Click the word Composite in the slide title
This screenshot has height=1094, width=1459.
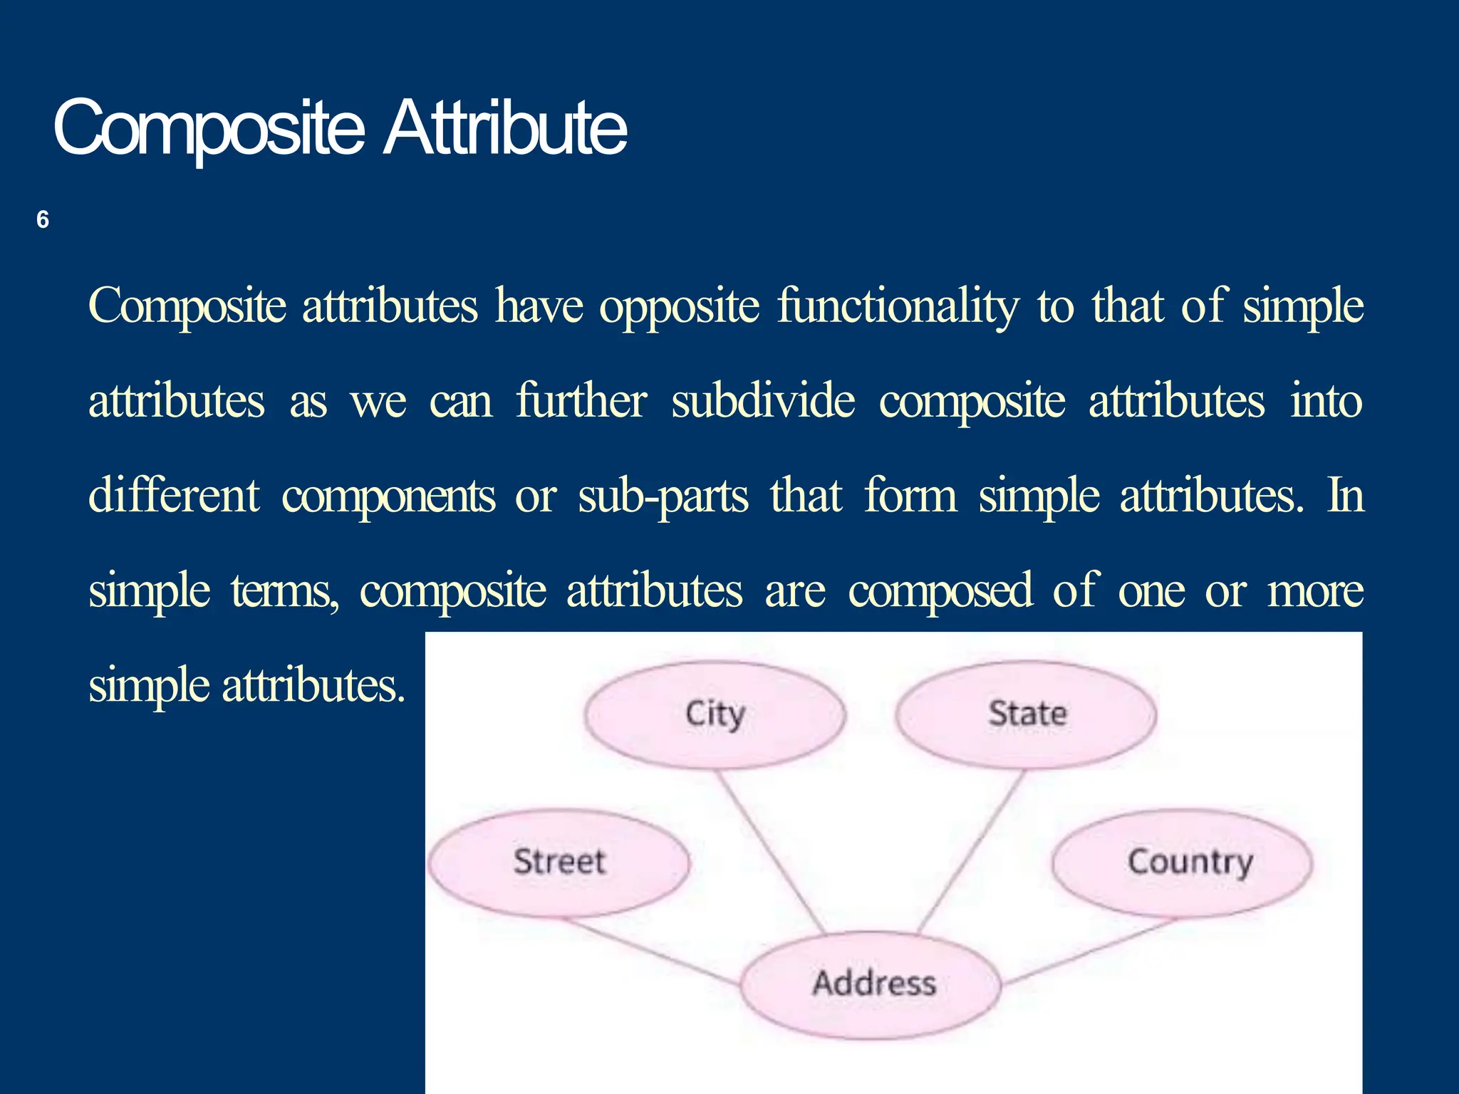[208, 128]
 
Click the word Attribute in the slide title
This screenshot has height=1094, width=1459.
[505, 128]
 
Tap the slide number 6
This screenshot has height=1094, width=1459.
[43, 219]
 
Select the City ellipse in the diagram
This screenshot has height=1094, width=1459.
[715, 714]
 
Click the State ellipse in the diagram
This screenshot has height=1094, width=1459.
[1026, 714]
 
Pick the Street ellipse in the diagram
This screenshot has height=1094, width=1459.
[559, 863]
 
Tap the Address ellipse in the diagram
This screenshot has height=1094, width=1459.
[871, 984]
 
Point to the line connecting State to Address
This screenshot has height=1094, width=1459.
[970, 851]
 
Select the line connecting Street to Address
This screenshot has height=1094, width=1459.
[652, 954]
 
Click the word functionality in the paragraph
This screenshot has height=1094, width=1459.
[898, 306]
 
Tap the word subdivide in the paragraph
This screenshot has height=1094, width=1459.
[762, 401]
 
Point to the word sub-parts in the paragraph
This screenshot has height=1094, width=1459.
[663, 496]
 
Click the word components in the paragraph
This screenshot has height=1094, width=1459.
[388, 496]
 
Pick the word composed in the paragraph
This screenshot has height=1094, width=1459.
[940, 591]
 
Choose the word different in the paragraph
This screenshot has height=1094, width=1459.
[174, 495]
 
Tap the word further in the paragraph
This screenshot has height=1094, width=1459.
[581, 400]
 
